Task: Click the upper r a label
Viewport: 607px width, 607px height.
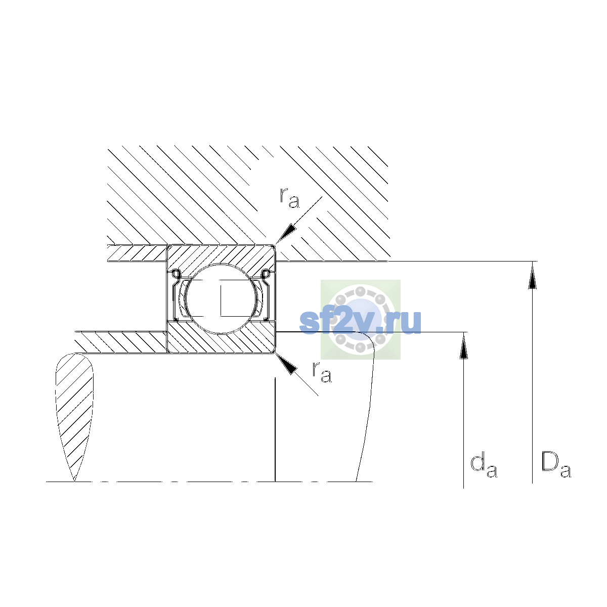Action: click(289, 198)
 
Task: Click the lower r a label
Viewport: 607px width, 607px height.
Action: click(322, 372)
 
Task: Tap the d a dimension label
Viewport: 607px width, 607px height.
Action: click(484, 466)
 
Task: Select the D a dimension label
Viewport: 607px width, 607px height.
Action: click(556, 465)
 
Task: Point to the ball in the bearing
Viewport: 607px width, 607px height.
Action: click(221, 298)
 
